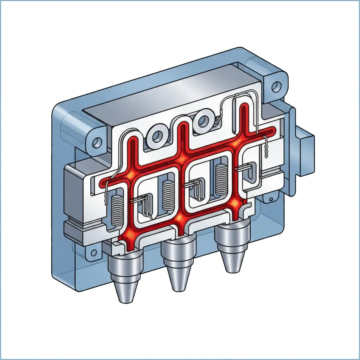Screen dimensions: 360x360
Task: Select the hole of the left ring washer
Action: pos(156,137)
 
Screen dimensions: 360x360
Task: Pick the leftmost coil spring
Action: pos(116,211)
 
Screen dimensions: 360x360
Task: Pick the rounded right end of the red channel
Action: pos(272,131)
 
